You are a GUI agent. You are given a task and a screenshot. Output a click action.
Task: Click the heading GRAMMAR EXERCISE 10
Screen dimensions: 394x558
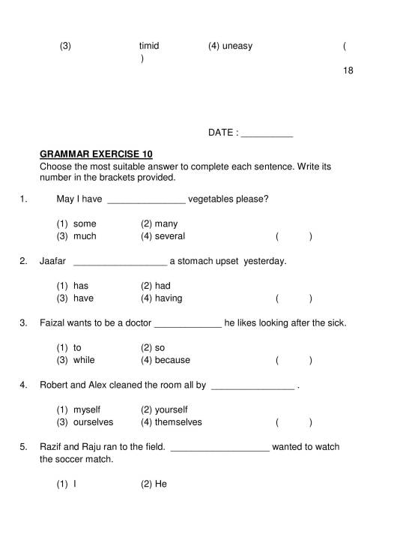(96, 154)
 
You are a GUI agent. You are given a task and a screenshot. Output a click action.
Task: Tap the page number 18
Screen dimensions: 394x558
(348, 70)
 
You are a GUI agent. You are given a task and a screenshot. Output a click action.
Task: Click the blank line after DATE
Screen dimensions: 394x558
(267, 134)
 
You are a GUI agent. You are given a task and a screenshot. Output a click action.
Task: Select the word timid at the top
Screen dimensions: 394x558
(149, 46)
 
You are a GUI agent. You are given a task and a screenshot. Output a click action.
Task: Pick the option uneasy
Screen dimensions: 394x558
(237, 46)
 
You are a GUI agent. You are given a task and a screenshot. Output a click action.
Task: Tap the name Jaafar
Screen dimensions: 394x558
(53, 261)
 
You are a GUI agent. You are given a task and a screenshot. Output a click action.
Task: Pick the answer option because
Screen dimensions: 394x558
(172, 360)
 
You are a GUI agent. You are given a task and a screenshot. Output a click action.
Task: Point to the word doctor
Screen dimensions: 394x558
(137, 323)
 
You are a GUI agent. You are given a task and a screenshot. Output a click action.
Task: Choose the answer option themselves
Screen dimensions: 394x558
(178, 422)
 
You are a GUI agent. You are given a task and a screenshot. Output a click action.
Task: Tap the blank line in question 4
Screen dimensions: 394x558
(254, 387)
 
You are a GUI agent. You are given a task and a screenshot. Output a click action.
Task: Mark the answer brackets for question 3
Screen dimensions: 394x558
(294, 361)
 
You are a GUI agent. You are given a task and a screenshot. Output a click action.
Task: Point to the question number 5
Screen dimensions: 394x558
(24, 447)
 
